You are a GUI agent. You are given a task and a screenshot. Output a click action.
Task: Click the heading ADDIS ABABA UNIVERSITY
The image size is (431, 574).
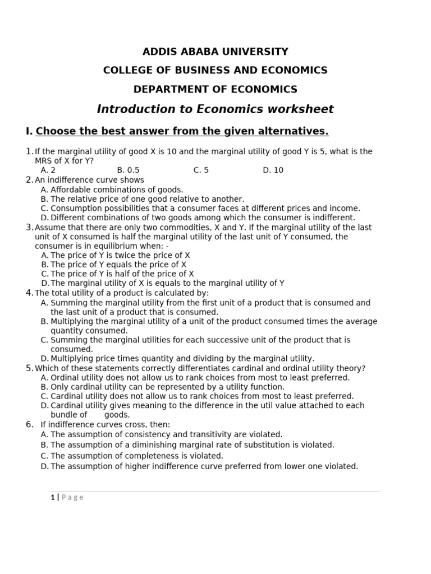click(x=215, y=52)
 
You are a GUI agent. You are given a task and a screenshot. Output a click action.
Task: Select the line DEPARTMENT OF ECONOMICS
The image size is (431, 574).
click(x=215, y=90)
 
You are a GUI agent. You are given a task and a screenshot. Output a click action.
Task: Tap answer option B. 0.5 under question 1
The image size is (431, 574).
click(x=128, y=170)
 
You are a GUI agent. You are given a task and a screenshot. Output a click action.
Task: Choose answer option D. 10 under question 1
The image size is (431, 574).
click(x=273, y=170)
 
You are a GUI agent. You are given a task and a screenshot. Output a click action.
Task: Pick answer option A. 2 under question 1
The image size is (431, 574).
click(x=48, y=170)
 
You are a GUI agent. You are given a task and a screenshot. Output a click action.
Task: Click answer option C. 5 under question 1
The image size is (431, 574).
click(x=201, y=170)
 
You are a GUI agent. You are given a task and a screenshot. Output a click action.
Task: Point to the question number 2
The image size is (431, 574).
click(x=29, y=180)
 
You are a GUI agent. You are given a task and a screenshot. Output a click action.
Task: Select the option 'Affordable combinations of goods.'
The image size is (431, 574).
click(x=117, y=190)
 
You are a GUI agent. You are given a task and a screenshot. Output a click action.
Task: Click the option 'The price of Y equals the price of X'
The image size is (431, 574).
click(x=118, y=265)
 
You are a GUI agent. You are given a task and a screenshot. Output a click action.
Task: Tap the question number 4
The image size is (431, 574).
click(x=29, y=293)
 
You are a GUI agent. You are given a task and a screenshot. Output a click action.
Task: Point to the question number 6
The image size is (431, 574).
click(x=29, y=424)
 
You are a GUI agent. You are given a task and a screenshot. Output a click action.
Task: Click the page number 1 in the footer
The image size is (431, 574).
click(x=52, y=497)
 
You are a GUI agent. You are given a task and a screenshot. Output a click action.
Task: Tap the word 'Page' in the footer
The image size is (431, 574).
click(x=72, y=497)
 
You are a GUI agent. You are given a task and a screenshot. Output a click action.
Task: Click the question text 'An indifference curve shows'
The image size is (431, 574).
click(x=89, y=180)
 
